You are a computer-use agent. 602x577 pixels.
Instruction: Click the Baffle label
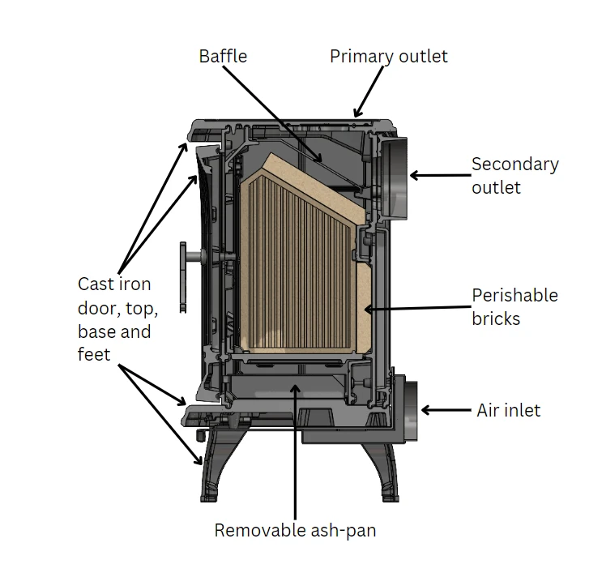[x=223, y=56]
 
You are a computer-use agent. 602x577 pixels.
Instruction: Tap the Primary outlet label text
[x=388, y=56]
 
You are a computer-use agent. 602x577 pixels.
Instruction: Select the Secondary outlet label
[x=514, y=175]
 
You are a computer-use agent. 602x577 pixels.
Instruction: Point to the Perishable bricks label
[x=514, y=306]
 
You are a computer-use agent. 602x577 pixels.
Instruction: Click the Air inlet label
[x=508, y=410]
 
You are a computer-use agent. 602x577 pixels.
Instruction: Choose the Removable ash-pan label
[x=295, y=531]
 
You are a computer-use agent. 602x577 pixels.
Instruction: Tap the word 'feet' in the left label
[x=94, y=354]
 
